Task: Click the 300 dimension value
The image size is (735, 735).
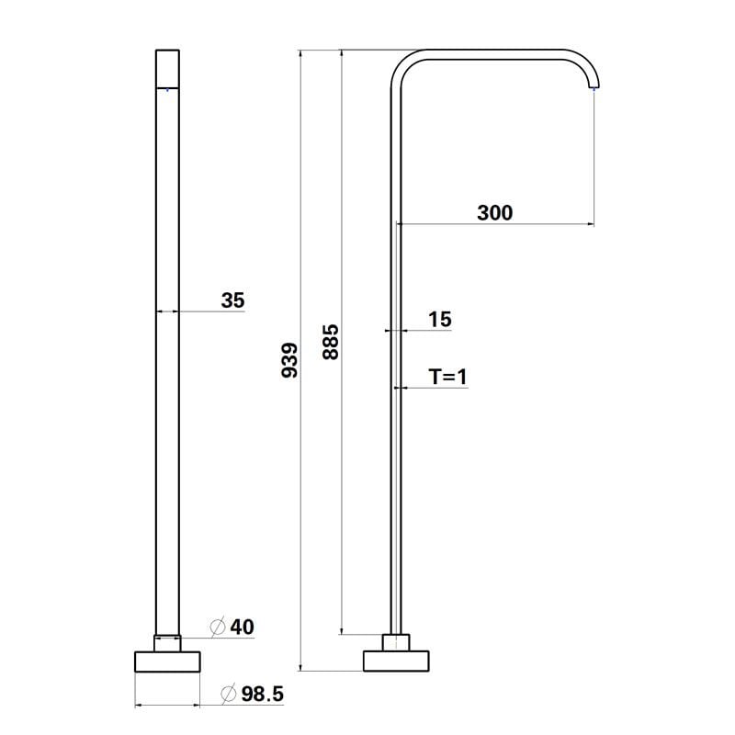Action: pyautogui.click(x=494, y=213)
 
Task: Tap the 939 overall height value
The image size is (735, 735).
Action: pyautogui.click(x=289, y=360)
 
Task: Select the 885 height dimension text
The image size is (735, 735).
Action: pyautogui.click(x=331, y=342)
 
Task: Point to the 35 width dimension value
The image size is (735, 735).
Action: pyautogui.click(x=233, y=300)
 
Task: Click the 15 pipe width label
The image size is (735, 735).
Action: pyautogui.click(x=440, y=319)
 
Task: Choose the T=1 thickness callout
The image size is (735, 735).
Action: pyautogui.click(x=447, y=377)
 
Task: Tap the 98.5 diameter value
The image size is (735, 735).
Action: pyautogui.click(x=263, y=695)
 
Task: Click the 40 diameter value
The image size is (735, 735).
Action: pyautogui.click(x=242, y=628)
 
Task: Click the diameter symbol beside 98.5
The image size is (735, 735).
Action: pyautogui.click(x=228, y=694)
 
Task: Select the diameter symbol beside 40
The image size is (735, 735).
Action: pyautogui.click(x=218, y=627)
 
